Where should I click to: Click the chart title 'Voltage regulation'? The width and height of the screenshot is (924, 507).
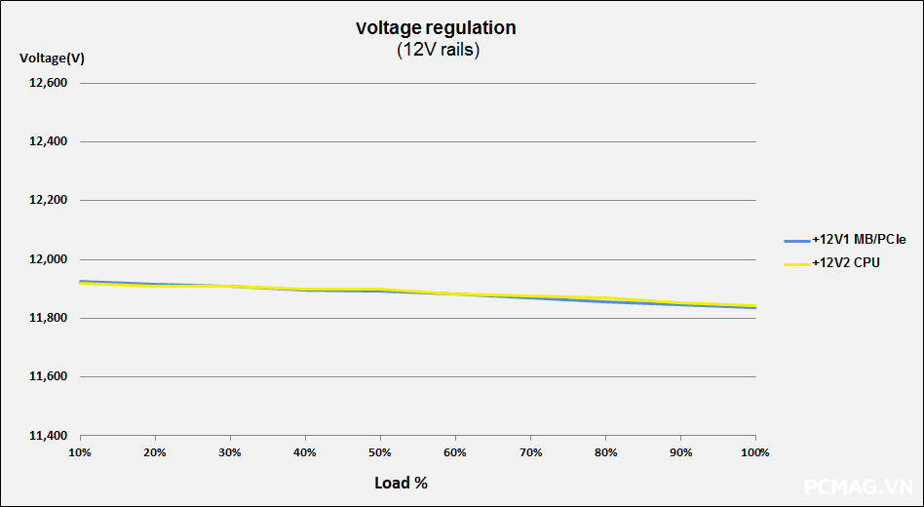436,28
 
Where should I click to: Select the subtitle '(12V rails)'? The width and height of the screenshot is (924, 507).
438,51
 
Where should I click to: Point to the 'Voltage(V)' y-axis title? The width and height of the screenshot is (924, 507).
52,58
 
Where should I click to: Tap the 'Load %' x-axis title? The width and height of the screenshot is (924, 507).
401,483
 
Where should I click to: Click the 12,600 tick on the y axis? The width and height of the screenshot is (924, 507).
49,84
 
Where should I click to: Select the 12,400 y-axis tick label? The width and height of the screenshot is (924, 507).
49,142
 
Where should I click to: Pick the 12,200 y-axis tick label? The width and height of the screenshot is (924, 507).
49,201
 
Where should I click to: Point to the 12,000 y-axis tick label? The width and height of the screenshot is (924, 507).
49,259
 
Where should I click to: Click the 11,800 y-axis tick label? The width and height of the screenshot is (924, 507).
49,318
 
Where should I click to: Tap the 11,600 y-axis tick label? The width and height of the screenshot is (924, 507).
49,376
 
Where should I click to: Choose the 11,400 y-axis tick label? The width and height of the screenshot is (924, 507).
49,435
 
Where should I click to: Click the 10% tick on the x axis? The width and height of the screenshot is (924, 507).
80,452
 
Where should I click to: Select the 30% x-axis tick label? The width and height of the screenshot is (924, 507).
230,452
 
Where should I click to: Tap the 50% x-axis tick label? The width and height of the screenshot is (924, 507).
380,452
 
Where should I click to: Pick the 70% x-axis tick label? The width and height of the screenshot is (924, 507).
530,452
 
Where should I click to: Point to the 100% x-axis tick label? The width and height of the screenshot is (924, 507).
755,452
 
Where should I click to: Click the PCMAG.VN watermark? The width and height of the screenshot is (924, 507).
858,486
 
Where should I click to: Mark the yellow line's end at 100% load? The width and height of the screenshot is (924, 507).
755,305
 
